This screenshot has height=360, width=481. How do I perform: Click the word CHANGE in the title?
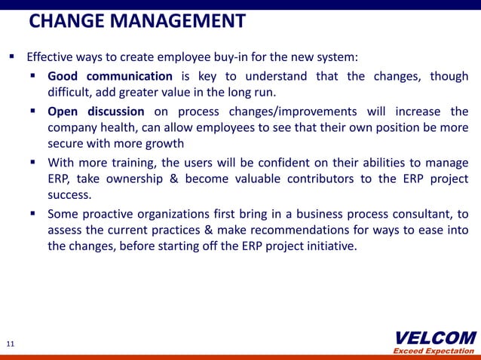tap(66, 21)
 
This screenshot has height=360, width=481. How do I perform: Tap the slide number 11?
tap(11, 344)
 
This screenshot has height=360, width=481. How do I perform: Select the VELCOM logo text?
tap(435, 337)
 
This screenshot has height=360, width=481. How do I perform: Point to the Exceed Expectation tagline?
tap(434, 351)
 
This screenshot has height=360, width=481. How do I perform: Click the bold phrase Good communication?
tap(110, 76)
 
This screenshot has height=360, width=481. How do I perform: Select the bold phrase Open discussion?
tap(96, 111)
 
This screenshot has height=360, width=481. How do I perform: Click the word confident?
tap(255, 162)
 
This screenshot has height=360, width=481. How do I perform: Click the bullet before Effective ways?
tap(13, 56)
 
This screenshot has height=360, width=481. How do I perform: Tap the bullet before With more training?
tap(35, 162)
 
